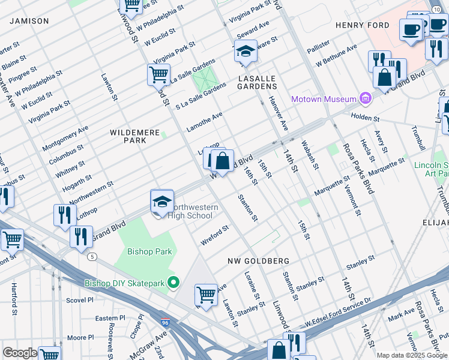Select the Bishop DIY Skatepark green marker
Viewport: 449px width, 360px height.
click(x=174, y=282)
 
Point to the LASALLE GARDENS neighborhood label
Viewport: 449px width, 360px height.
click(x=256, y=82)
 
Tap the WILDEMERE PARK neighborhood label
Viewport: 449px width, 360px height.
click(x=127, y=136)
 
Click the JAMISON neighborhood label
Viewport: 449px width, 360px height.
click(x=28, y=21)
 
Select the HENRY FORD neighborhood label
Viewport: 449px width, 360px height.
click(x=362, y=25)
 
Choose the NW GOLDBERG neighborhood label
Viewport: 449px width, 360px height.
click(x=259, y=261)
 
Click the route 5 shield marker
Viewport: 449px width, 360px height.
click(x=92, y=256)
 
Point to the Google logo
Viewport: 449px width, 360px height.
click(x=20, y=353)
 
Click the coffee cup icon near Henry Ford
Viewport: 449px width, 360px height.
click(x=411, y=30)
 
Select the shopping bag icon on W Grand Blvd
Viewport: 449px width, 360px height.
click(x=222, y=161)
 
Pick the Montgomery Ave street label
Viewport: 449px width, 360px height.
click(x=65, y=139)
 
